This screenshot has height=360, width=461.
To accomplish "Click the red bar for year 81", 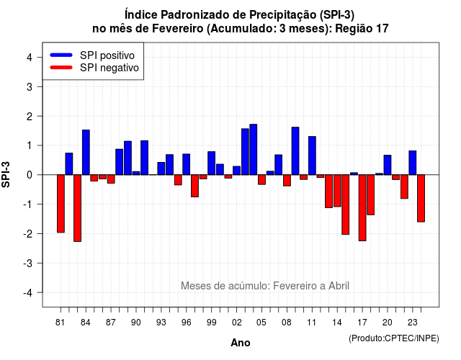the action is (61, 204).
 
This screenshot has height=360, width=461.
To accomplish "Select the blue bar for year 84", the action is (86, 152).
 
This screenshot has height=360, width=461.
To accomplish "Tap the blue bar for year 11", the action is (312, 156).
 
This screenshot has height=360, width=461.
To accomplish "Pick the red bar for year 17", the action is (362, 208).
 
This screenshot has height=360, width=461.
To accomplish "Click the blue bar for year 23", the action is (413, 163).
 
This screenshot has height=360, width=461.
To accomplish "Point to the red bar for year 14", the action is (337, 191).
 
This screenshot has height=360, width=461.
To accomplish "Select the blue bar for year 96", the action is (187, 164).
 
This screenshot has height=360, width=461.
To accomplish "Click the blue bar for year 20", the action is (388, 165).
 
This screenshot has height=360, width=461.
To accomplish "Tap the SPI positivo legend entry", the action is (92, 55).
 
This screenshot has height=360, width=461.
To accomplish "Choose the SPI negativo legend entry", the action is (94, 68).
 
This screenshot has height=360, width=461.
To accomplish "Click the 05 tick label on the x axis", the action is (261, 323).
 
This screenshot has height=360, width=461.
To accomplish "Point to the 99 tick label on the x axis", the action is (211, 323).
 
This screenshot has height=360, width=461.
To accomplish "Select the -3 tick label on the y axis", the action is (28, 264).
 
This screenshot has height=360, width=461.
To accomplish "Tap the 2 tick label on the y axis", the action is (30, 117).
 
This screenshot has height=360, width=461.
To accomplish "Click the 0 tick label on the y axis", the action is (30, 175).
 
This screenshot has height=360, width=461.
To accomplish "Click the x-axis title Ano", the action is (241, 343).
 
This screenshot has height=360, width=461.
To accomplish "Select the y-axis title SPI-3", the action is (6, 174).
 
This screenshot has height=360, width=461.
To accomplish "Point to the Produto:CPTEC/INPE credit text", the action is (394, 338).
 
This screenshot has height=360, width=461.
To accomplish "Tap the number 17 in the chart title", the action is (382, 29).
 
